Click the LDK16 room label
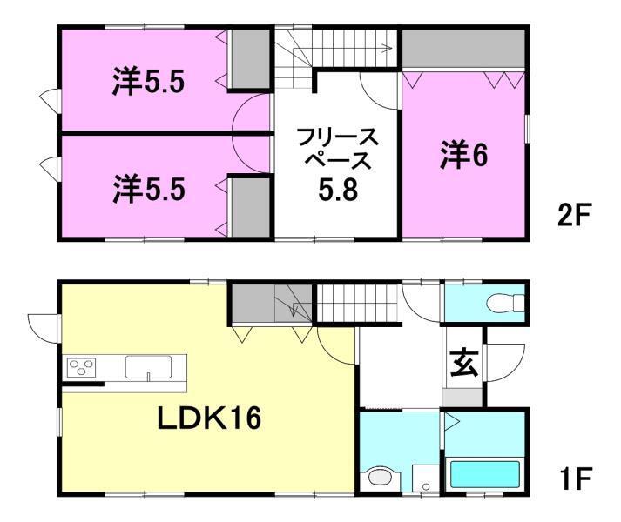pos(209,419)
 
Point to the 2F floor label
pos(575,215)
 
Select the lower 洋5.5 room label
pos(148,189)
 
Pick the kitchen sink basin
pos(148,368)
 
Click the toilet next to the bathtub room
pos(380,478)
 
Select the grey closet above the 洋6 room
pos(463,49)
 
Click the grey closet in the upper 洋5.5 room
pos(248,58)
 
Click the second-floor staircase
pos(335,48)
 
